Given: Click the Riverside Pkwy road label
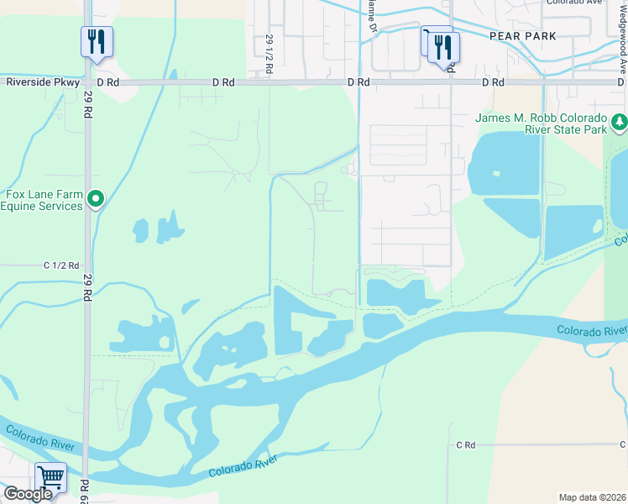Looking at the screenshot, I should pyautogui.click(x=43, y=82).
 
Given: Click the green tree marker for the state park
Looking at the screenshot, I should pyautogui.click(x=618, y=123).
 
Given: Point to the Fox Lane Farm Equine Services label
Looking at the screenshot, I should pyautogui.click(x=44, y=200).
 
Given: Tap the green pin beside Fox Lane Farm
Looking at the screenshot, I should pyautogui.click(x=97, y=199).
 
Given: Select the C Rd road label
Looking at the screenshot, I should pyautogui.click(x=465, y=444).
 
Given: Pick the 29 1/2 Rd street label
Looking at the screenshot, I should pyautogui.click(x=270, y=55).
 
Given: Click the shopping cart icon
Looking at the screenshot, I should pyautogui.click(x=51, y=477).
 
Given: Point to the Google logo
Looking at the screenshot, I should pyautogui.click(x=28, y=494).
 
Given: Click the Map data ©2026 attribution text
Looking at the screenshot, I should pyautogui.click(x=592, y=497).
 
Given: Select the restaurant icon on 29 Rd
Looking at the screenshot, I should pyautogui.click(x=97, y=40).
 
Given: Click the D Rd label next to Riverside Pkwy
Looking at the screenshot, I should pyautogui.click(x=109, y=82).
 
